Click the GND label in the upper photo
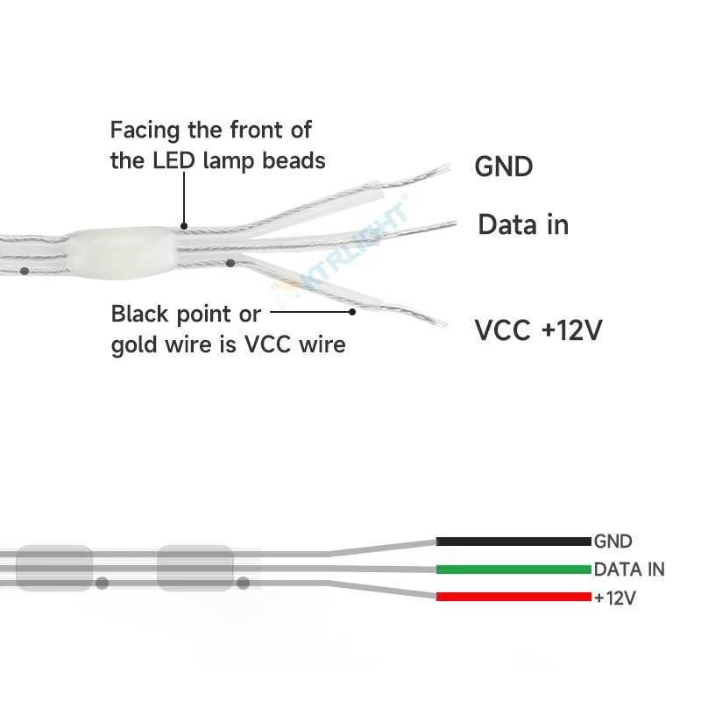(x=503, y=166)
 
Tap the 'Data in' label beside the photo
(x=522, y=225)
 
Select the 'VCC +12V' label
(x=539, y=330)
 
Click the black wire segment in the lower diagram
(x=513, y=542)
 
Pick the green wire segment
(x=513, y=570)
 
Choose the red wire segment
(x=513, y=597)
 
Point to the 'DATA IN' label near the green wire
(x=629, y=570)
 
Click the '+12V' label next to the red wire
(x=614, y=598)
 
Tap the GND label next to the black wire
(x=612, y=542)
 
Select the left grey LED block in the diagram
(x=55, y=567)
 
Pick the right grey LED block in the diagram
(x=195, y=567)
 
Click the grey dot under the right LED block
(x=244, y=582)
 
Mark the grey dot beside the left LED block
(x=103, y=582)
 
